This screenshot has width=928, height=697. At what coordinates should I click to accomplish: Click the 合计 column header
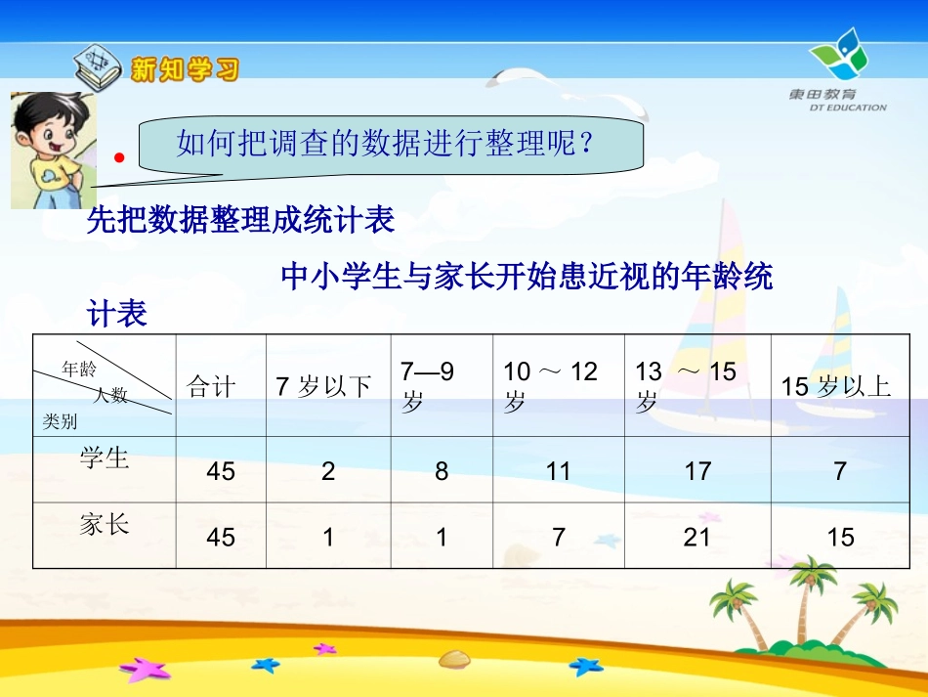[x=212, y=387]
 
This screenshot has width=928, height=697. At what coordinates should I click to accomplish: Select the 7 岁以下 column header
[x=324, y=387]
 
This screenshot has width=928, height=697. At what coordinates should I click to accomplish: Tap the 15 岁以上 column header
[x=837, y=387]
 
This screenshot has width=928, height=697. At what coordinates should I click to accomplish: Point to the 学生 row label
[x=105, y=457]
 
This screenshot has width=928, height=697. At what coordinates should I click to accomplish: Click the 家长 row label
[x=105, y=525]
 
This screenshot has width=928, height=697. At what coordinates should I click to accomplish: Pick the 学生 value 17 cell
[x=697, y=471]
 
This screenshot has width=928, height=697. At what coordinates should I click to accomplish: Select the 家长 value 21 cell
[x=696, y=537]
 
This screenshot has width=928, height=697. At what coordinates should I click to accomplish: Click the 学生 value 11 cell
[x=558, y=471]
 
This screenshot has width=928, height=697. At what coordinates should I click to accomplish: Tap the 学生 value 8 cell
[x=442, y=471]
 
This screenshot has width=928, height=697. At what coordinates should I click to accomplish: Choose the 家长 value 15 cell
[x=840, y=537]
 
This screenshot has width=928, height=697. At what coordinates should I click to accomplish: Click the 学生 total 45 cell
[x=221, y=471]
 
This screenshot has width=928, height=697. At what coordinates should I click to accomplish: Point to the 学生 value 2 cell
[x=328, y=471]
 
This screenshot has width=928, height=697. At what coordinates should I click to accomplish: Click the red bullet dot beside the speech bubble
[x=119, y=156]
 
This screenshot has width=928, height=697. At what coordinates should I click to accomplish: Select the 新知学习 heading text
[x=185, y=69]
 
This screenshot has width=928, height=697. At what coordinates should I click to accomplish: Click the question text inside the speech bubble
[x=385, y=145]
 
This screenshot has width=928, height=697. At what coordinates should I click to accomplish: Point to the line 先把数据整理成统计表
[x=240, y=221]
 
